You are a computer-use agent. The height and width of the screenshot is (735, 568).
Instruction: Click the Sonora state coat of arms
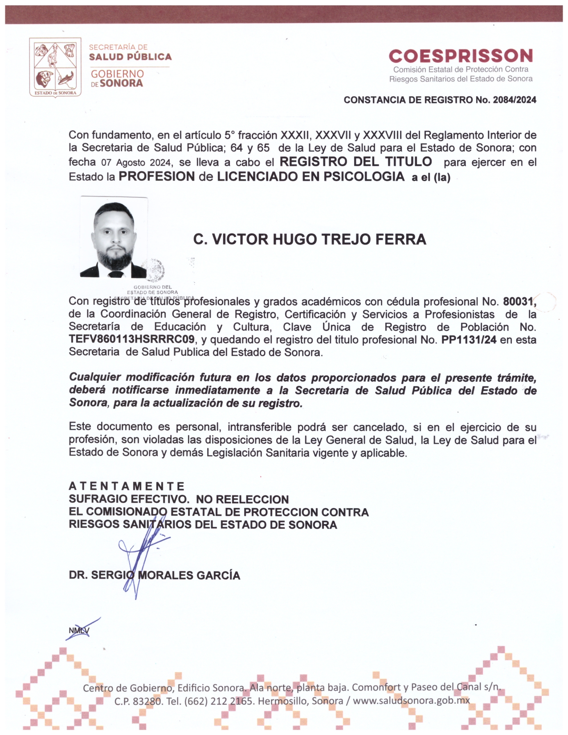coord(55,67)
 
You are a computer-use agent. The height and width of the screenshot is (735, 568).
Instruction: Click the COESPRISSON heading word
coord(461,56)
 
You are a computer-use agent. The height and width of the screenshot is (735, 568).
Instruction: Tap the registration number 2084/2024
coord(515,100)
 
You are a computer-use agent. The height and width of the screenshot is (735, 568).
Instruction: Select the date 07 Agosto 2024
coord(136,163)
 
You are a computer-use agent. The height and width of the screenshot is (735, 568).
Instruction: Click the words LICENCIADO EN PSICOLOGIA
coord(311,176)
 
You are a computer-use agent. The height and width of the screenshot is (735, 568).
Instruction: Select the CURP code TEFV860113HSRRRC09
coord(132,339)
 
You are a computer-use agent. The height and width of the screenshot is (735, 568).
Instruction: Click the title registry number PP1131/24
coord(469,340)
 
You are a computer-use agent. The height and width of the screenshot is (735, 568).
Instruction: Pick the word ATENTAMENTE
coord(127,486)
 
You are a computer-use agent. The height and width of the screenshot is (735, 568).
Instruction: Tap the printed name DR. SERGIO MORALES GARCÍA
coord(154,576)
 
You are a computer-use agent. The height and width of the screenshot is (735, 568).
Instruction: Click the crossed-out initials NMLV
coord(79,630)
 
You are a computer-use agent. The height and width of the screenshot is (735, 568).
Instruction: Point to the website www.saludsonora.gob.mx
coord(411,701)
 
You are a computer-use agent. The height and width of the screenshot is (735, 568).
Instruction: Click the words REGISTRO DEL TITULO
coord(356,162)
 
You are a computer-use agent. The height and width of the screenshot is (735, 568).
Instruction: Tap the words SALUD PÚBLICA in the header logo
coord(130,57)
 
